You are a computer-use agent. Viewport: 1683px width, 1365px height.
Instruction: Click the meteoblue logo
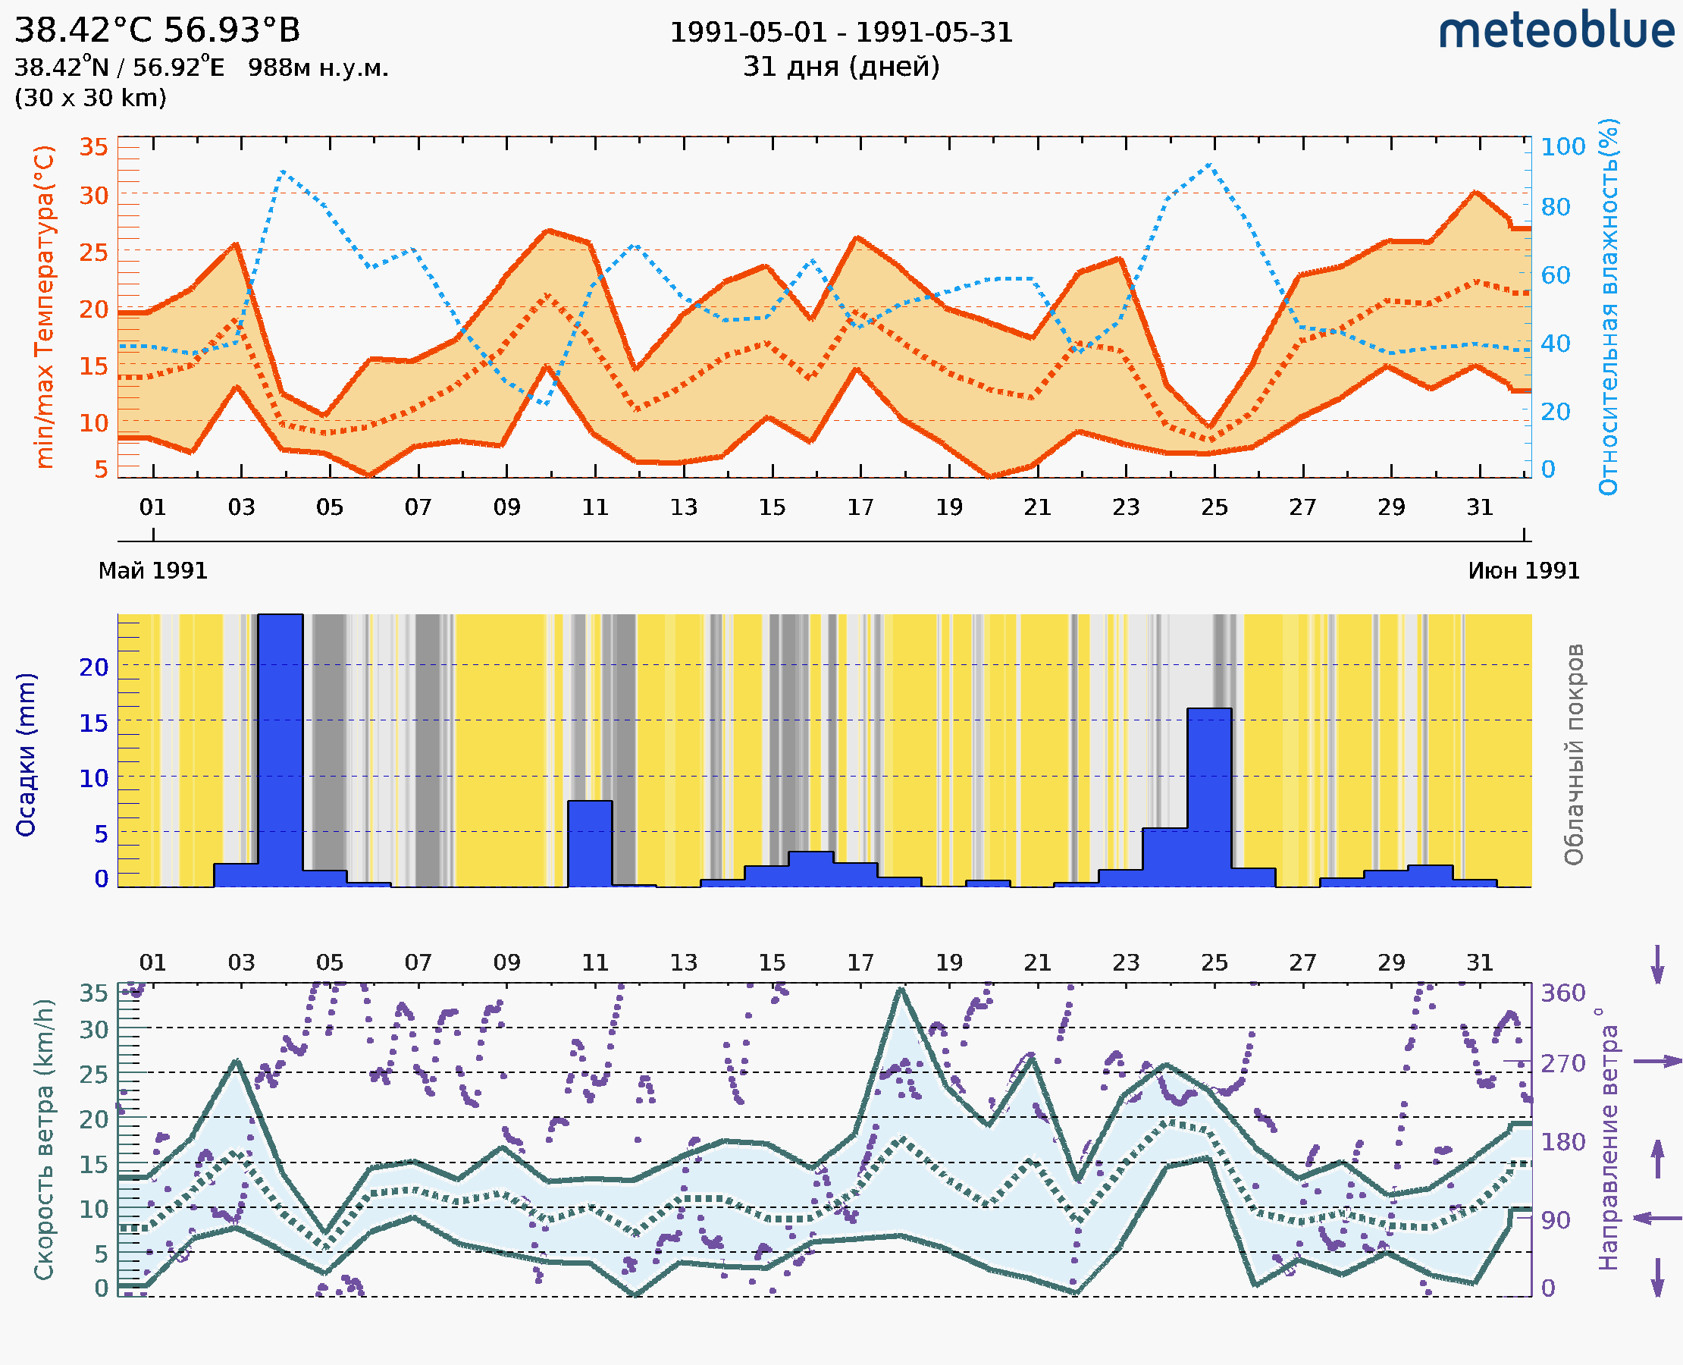[1556, 31]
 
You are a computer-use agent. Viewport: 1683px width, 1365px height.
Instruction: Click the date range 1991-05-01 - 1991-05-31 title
[840, 33]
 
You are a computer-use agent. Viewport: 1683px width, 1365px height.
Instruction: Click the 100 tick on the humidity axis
[1562, 147]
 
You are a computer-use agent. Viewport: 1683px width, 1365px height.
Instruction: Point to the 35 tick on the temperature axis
[93, 147]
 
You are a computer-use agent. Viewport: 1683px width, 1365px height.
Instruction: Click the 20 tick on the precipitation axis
[93, 667]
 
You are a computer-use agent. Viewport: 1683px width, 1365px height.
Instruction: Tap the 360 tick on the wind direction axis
[1562, 993]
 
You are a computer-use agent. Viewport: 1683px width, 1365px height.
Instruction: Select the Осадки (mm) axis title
[26, 754]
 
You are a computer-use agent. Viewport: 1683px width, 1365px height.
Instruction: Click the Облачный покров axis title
[1574, 754]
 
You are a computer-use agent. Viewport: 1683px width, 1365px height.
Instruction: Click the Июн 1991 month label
[1524, 571]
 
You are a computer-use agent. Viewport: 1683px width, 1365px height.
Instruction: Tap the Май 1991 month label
[152, 571]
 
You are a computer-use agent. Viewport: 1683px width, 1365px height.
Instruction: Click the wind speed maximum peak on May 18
[901, 989]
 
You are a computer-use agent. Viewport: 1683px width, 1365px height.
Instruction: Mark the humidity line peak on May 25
[1209, 165]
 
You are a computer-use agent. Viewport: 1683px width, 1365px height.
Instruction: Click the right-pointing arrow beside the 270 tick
[1657, 1062]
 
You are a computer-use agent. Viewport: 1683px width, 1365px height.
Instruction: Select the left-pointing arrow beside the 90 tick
[1657, 1218]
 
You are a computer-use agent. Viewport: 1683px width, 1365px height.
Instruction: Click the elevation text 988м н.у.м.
[318, 68]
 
